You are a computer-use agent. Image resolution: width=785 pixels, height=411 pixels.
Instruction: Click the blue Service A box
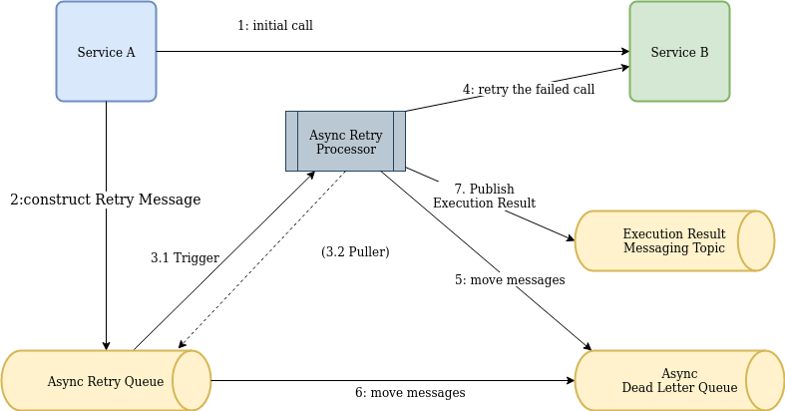coord(106,52)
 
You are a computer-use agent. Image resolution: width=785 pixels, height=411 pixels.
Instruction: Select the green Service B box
coord(679,52)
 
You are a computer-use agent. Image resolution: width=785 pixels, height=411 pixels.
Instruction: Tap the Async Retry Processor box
coord(345,141)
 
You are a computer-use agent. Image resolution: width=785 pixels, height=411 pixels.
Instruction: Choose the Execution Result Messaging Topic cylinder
coord(673,240)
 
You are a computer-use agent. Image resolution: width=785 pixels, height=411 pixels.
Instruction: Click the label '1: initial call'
coord(275,25)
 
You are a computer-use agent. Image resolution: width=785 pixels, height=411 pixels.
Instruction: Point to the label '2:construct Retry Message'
coord(106,200)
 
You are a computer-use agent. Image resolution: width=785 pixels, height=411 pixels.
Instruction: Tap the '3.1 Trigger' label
coord(185,257)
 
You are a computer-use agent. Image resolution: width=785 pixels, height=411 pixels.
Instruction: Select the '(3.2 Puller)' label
coord(355,252)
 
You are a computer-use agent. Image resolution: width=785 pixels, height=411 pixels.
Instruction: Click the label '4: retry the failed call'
coord(529,89)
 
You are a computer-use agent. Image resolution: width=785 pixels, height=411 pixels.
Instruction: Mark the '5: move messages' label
coord(510,280)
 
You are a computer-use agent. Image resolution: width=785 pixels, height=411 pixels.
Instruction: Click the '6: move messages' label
coord(410,392)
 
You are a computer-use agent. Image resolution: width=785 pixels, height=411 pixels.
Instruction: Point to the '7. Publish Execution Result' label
coord(484,196)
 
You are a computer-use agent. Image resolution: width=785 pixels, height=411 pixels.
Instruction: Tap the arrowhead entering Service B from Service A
coord(623,52)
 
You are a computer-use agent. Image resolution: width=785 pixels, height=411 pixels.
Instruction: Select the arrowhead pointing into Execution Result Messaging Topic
coord(570,238)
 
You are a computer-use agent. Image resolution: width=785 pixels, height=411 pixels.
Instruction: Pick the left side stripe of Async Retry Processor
coord(292,141)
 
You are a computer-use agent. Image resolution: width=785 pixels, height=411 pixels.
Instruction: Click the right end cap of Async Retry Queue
coord(192,380)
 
